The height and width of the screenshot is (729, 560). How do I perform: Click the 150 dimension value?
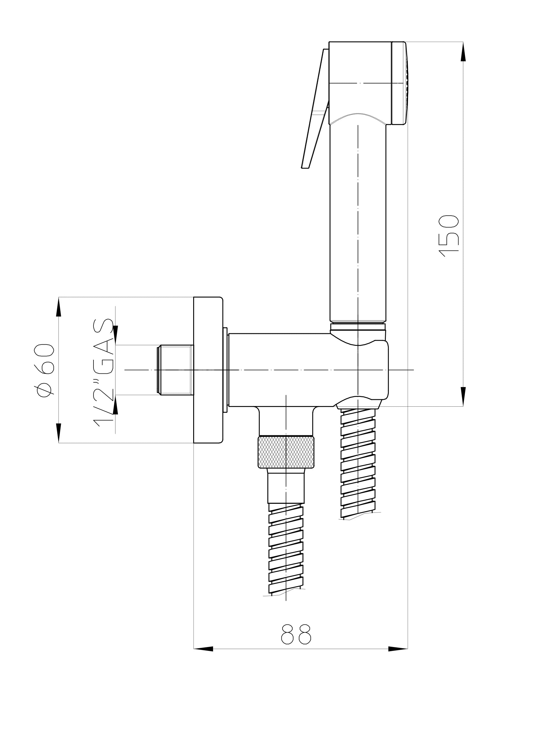point(449,236)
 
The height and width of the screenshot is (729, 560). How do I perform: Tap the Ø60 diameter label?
point(44,370)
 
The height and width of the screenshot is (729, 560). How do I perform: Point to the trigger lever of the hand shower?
point(315,110)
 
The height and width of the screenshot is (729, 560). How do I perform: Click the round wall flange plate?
point(208,370)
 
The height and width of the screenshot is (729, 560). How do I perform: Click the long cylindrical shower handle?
point(358,220)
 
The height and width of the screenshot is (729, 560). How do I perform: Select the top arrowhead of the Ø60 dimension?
point(59,307)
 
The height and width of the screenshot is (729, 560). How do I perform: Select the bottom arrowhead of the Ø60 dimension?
point(59,433)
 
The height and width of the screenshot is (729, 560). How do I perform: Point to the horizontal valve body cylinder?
point(280,370)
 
